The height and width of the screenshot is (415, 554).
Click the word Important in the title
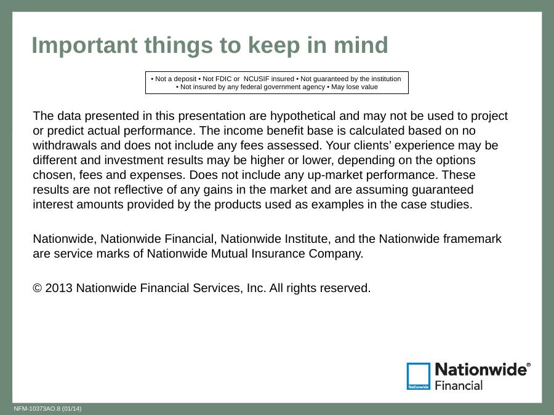click(x=85, y=45)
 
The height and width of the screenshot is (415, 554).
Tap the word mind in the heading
click(x=361, y=45)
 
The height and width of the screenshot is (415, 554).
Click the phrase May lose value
click(x=355, y=87)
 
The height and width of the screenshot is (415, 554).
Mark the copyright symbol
click(x=38, y=288)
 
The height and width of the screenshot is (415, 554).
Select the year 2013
click(x=58, y=288)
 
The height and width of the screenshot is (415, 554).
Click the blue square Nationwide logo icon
click(x=419, y=376)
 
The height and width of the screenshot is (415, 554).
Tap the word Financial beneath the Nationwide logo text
click(x=459, y=385)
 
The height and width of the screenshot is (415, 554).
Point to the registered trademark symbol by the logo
click(x=528, y=365)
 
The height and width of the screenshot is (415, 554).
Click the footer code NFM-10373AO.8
click(x=37, y=409)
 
